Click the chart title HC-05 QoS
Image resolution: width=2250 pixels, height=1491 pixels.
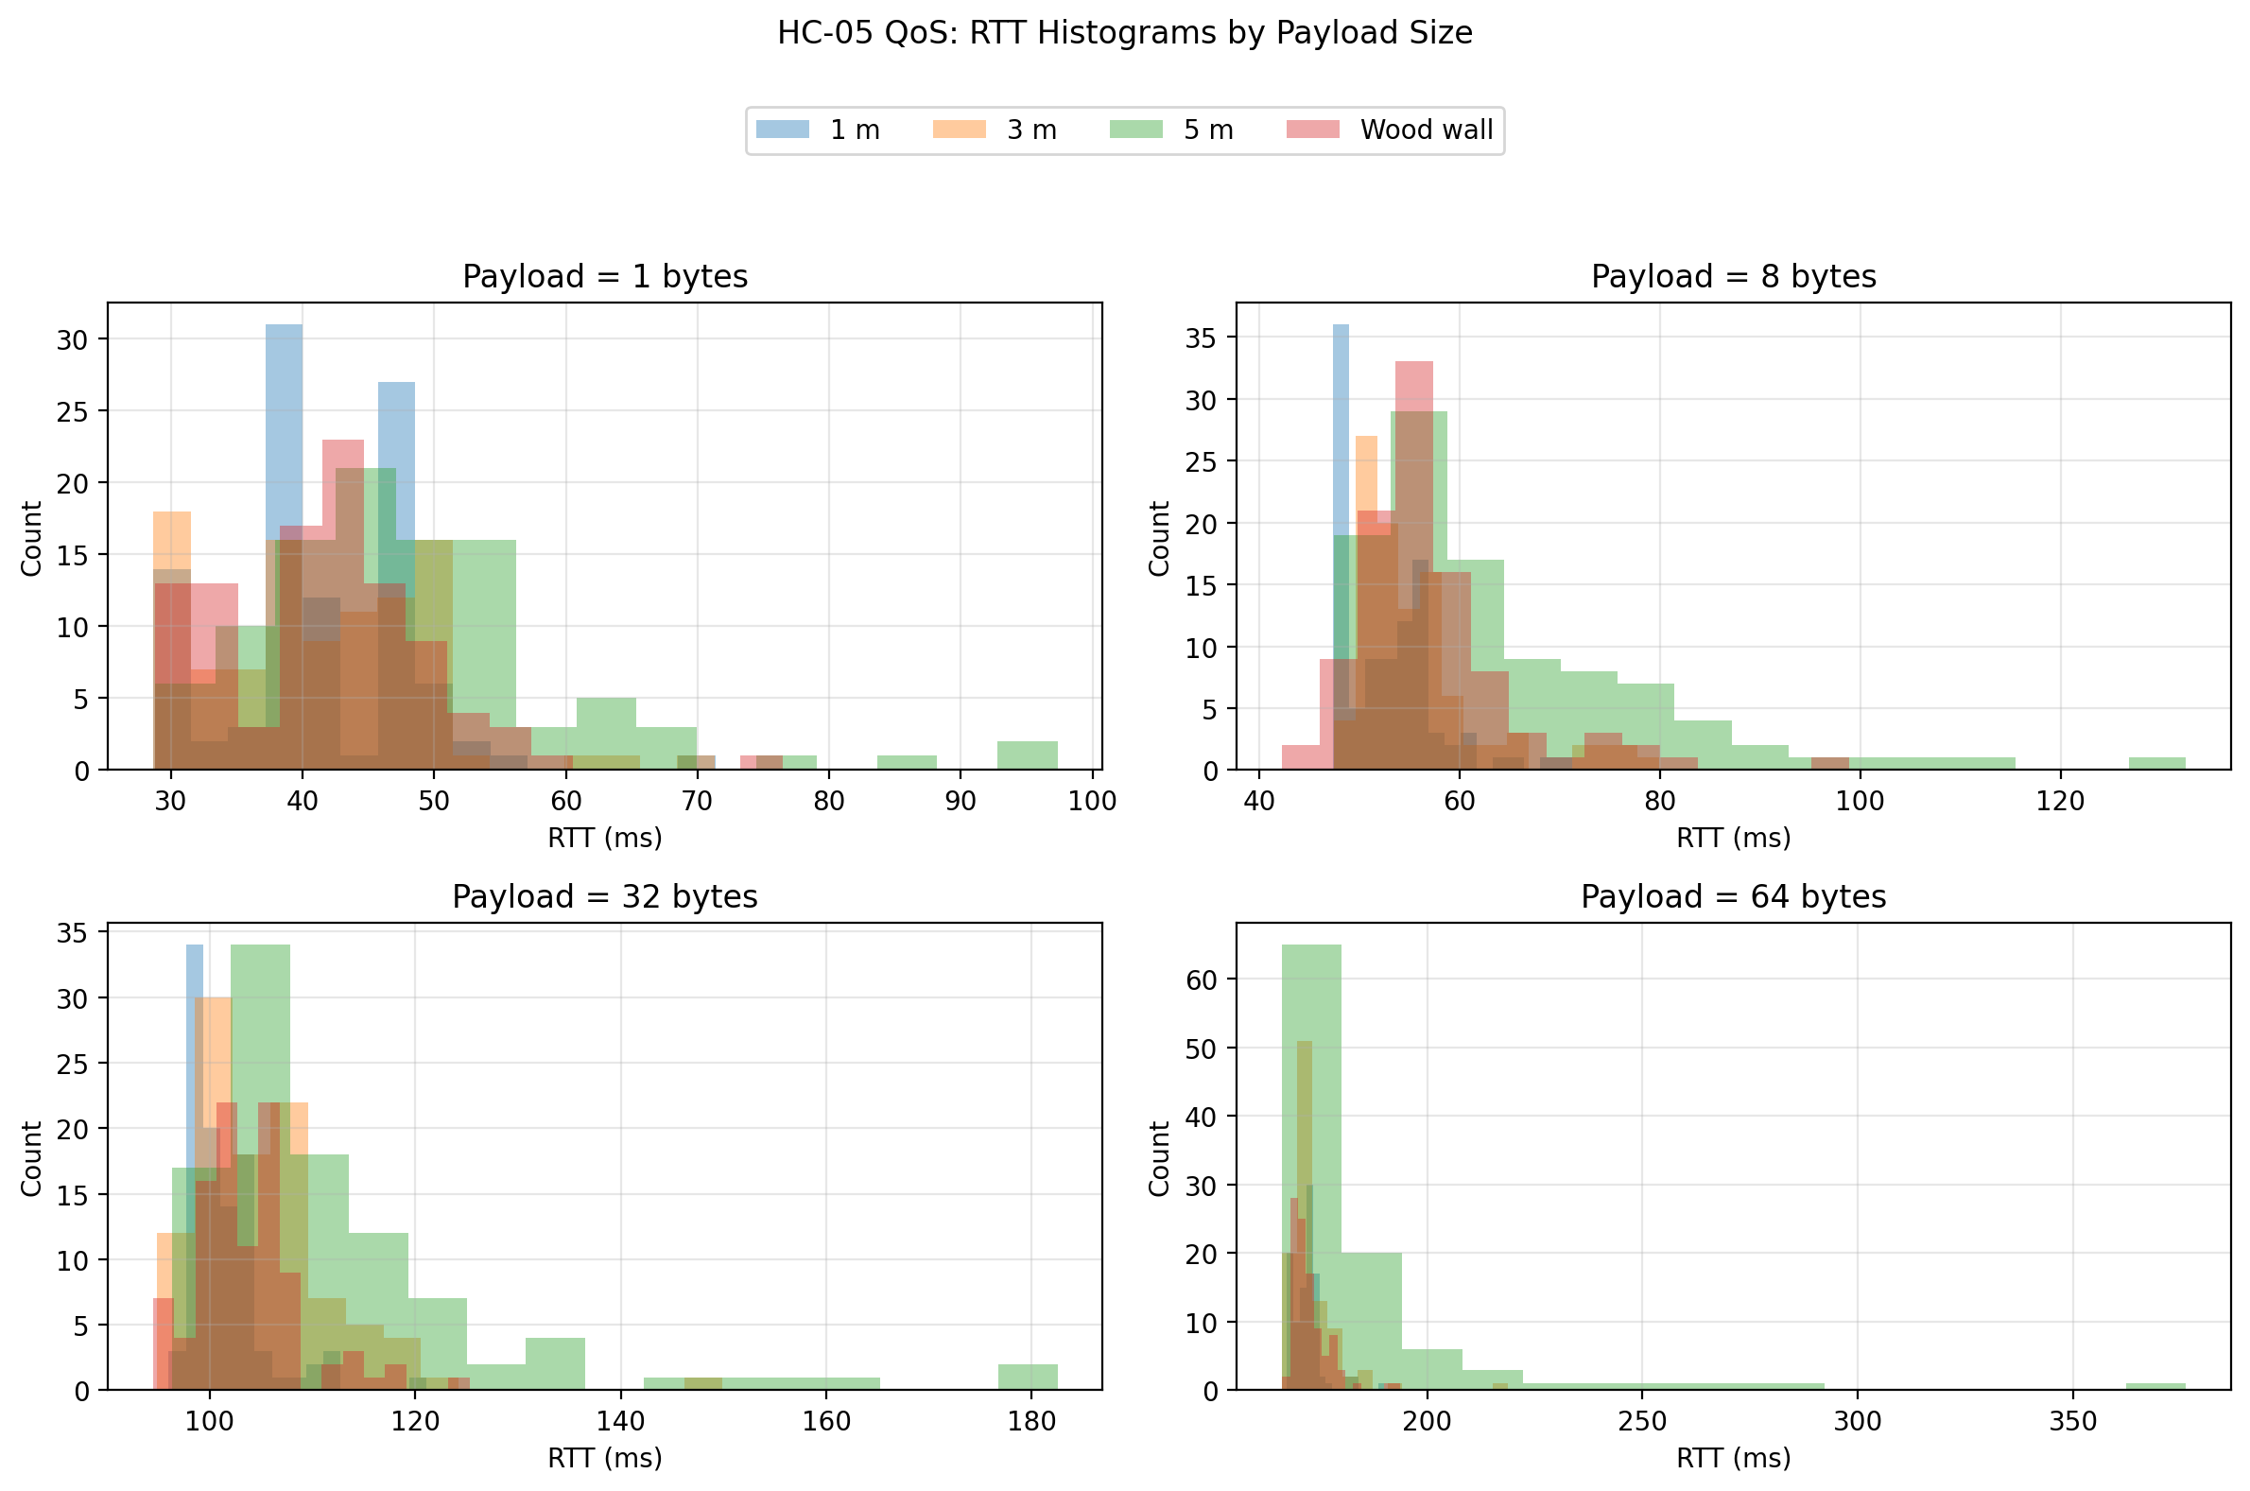pyautogui.click(x=1124, y=33)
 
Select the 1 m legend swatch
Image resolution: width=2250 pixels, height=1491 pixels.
pyautogui.click(x=783, y=130)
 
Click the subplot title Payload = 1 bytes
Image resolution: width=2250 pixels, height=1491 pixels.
pyautogui.click(x=604, y=277)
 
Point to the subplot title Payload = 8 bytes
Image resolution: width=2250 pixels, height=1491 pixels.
pyautogui.click(x=1733, y=277)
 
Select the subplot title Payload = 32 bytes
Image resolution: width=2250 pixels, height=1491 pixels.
pyautogui.click(x=604, y=896)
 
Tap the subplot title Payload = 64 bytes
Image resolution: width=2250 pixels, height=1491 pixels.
pyautogui.click(x=1733, y=896)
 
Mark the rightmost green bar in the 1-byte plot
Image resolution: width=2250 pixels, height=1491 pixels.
pyautogui.click(x=1027, y=755)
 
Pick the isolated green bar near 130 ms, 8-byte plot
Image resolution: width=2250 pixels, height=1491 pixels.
pyautogui.click(x=2156, y=764)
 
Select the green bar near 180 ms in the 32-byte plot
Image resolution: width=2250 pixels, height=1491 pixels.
pyautogui.click(x=1028, y=1377)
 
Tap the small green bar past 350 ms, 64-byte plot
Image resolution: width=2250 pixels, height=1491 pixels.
pyautogui.click(x=2155, y=1386)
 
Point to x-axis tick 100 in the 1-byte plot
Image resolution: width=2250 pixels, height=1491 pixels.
pyautogui.click(x=1092, y=801)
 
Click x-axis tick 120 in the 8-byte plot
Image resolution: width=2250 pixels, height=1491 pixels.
pyautogui.click(x=2060, y=801)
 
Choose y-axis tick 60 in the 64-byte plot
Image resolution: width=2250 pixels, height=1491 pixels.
pyautogui.click(x=1203, y=980)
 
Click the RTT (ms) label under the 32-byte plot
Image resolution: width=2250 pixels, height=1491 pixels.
pyautogui.click(x=604, y=1458)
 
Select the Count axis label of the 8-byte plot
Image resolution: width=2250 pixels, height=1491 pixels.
pyautogui.click(x=1159, y=538)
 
